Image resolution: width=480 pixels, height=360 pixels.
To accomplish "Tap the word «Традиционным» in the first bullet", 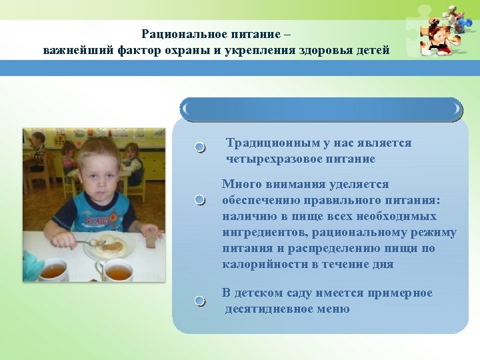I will click(x=263, y=143).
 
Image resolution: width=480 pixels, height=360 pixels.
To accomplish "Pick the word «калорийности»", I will click(x=257, y=265).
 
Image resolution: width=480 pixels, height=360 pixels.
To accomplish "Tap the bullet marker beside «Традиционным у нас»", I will click(x=200, y=147).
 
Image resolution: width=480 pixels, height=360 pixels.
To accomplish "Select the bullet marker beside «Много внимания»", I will click(x=200, y=200).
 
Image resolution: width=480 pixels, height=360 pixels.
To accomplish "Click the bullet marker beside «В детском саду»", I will click(x=200, y=301).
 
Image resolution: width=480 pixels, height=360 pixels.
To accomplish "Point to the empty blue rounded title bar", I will click(x=321, y=109).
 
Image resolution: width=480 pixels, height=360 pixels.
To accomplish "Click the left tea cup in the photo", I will click(x=53, y=270).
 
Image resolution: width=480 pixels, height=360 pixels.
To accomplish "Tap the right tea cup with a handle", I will click(x=116, y=271).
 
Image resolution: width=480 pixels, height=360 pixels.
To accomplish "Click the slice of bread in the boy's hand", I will click(x=153, y=235).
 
